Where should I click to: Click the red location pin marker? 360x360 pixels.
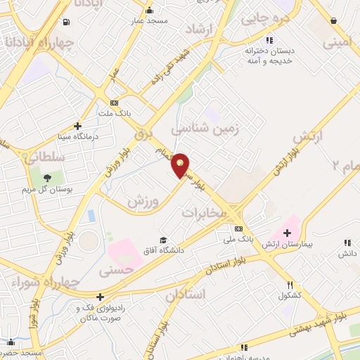tap(181, 165)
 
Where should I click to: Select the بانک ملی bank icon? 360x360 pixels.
tap(238, 229)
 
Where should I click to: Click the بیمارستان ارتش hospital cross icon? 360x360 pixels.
tap(286, 233)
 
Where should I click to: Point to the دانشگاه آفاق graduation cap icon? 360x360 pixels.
tap(164, 241)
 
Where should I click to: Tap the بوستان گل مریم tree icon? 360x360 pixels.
tap(47, 179)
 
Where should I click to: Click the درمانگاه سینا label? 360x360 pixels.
tap(70, 135)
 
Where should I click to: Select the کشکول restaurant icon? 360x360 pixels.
tap(290, 285)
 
